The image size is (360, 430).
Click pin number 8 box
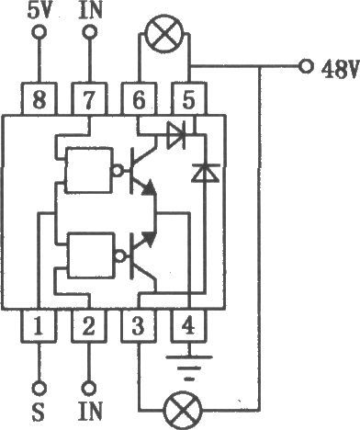(39, 99)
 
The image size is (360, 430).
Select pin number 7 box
(89, 99)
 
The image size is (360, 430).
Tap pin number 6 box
(139, 99)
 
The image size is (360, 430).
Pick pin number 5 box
(188, 99)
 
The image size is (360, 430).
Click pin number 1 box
(39, 325)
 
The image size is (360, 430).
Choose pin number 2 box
(89, 325)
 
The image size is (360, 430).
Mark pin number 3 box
(139, 325)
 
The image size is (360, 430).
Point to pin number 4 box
(188, 325)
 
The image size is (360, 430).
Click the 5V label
(39, 11)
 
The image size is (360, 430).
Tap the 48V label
(340, 69)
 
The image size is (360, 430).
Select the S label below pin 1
(39, 412)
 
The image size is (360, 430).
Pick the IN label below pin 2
(90, 411)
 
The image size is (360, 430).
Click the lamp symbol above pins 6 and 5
(165, 33)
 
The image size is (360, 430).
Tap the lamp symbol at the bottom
(183, 410)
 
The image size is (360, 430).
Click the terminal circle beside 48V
(306, 66)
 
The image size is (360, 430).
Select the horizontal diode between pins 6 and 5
(175, 134)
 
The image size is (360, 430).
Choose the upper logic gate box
(88, 170)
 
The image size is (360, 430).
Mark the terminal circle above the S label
(39, 389)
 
